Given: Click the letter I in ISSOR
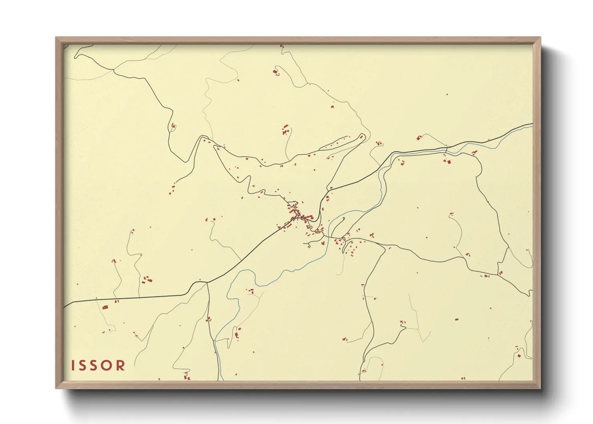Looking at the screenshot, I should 73,365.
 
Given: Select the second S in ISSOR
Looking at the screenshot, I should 95,365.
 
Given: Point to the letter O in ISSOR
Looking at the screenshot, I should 108,365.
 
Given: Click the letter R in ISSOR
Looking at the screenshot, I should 121,365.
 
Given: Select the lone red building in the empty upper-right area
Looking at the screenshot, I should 447,95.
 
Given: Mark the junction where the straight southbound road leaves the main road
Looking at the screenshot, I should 207,283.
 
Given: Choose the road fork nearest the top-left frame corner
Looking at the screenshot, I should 114,71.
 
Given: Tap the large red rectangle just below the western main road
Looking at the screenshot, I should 105,307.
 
